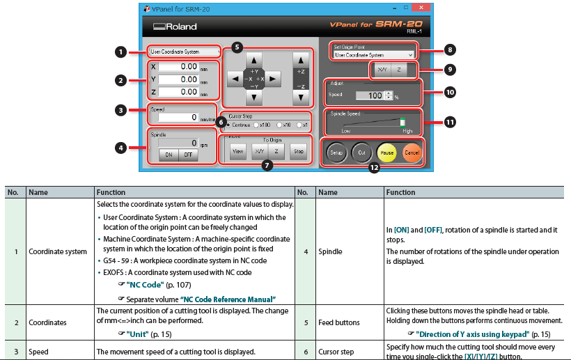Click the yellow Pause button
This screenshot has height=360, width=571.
click(386, 152)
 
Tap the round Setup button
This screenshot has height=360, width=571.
click(336, 152)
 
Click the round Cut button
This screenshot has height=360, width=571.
click(361, 152)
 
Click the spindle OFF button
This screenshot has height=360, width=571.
click(188, 155)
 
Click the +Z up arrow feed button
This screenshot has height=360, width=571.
click(300, 61)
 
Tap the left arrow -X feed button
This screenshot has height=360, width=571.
click(235, 79)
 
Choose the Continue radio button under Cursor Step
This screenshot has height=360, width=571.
click(228, 125)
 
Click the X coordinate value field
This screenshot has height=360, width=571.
click(180, 66)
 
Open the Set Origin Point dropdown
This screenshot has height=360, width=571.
click(374, 54)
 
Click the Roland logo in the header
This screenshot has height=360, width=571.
click(175, 26)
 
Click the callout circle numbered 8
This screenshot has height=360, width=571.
click(450, 50)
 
